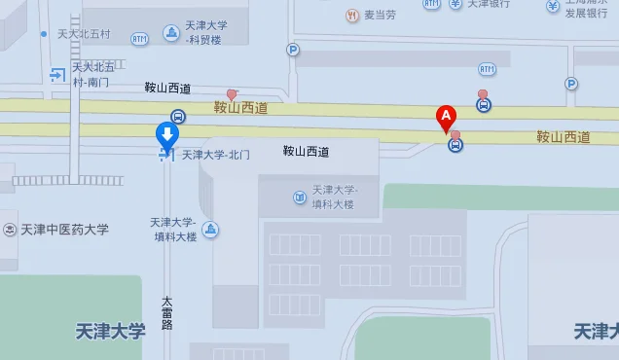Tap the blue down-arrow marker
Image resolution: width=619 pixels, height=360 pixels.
(x=167, y=135)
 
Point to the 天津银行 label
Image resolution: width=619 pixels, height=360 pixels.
(x=489, y=4)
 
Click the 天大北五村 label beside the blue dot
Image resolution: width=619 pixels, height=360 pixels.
(x=84, y=34)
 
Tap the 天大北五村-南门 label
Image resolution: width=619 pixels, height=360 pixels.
(x=93, y=74)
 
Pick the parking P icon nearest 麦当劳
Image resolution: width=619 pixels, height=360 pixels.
(x=293, y=50)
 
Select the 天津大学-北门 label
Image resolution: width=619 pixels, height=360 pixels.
(x=216, y=155)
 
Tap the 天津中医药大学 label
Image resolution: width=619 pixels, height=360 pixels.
(x=63, y=231)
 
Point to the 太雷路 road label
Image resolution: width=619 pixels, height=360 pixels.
(x=166, y=311)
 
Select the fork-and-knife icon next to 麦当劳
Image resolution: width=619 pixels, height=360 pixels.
(x=350, y=15)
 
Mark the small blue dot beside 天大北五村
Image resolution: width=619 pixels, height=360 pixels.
(x=44, y=34)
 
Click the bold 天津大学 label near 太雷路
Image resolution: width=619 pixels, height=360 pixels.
(x=110, y=331)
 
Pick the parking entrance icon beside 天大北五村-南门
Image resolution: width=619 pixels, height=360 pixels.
(x=56, y=73)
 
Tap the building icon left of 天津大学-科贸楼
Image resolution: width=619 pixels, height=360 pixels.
(x=171, y=32)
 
